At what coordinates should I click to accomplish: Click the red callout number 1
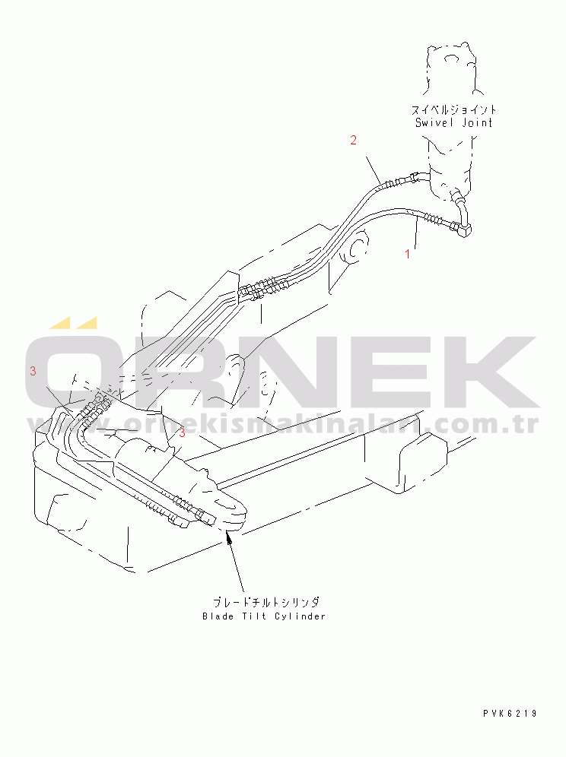408,253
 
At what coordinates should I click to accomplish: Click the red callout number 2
353,140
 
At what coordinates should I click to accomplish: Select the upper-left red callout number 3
33,371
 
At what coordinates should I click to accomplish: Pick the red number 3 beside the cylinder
182,432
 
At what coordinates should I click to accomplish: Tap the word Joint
477,122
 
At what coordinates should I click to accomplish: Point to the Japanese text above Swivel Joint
453,109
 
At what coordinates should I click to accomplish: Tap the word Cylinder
300,616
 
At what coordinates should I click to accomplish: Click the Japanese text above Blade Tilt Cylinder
266,602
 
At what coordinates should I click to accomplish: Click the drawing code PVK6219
510,713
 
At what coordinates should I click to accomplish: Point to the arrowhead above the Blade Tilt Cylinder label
230,538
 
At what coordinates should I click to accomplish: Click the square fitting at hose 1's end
466,230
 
